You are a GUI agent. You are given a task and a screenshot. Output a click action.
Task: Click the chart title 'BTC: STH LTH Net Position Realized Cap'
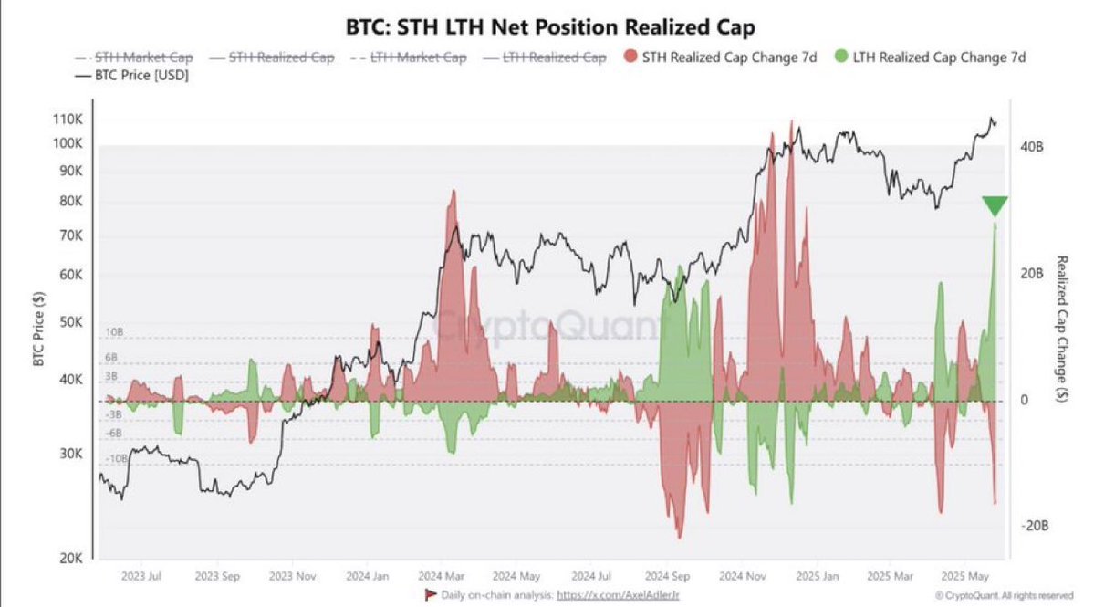tap(547, 27)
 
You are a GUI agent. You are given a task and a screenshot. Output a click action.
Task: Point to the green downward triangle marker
tap(995, 206)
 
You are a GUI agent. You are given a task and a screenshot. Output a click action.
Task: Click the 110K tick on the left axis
tap(68, 120)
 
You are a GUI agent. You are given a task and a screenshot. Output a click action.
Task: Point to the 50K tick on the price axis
tap(71, 323)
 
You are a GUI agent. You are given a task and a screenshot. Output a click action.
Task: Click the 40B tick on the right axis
tap(1032, 147)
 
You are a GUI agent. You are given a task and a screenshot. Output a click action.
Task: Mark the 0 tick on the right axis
tap(1024, 401)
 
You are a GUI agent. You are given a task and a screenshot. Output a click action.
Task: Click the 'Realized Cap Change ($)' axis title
tap(1062, 329)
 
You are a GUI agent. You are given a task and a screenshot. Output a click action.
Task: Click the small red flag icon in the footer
tap(432, 594)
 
